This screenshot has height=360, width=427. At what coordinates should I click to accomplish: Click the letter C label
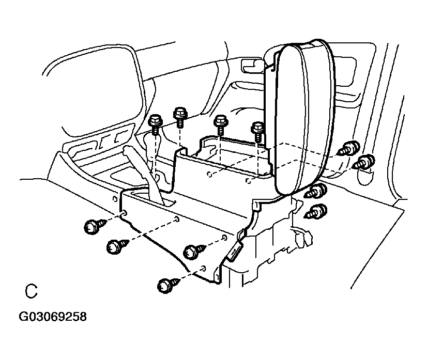pyautogui.click(x=32, y=291)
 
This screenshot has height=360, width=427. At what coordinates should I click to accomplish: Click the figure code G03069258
pyautogui.click(x=53, y=316)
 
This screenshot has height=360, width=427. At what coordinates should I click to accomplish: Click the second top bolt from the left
pyautogui.click(x=180, y=116)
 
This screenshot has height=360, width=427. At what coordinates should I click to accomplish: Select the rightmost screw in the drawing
pyautogui.click(x=365, y=162)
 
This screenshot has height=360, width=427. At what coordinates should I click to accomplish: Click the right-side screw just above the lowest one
pyautogui.click(x=316, y=191)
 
